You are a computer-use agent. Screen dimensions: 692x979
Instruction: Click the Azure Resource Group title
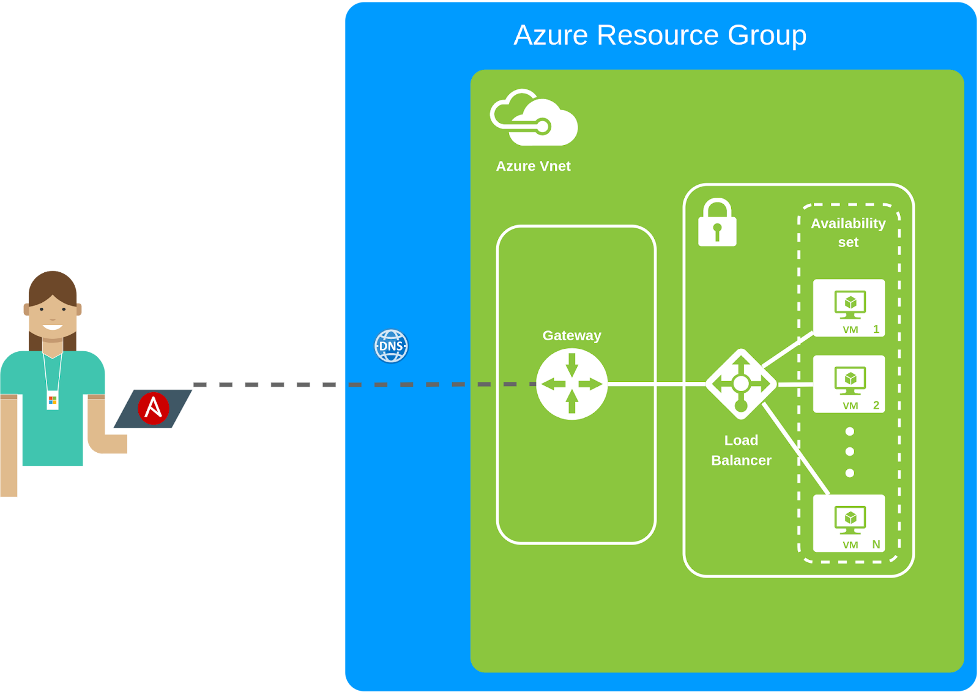[x=660, y=35]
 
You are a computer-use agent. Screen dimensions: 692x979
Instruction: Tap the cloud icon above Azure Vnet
[x=534, y=119]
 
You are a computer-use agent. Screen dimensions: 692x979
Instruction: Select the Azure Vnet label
[x=533, y=166]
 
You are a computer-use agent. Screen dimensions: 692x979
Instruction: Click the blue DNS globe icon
[x=391, y=346]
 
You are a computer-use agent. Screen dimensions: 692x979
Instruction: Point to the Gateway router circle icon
[x=571, y=384]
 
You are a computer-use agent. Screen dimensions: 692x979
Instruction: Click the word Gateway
[x=571, y=335]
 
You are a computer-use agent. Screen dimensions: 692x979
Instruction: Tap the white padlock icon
[x=717, y=223]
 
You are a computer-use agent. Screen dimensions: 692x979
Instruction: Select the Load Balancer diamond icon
[x=741, y=384]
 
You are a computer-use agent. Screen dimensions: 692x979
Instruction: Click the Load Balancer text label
[x=741, y=450]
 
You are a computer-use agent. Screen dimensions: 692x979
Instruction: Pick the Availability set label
[x=848, y=233]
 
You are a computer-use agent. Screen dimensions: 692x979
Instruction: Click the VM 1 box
[x=849, y=308]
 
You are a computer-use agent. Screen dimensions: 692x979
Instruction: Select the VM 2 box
[x=849, y=384]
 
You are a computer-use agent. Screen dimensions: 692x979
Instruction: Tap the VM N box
[x=849, y=523]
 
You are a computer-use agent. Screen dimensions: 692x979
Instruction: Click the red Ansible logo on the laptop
[x=153, y=408]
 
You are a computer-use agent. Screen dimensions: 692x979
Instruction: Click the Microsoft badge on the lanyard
[x=53, y=400]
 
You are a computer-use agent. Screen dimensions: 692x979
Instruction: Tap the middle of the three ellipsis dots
[x=849, y=452]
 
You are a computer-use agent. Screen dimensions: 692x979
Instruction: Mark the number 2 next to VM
[x=876, y=405]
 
